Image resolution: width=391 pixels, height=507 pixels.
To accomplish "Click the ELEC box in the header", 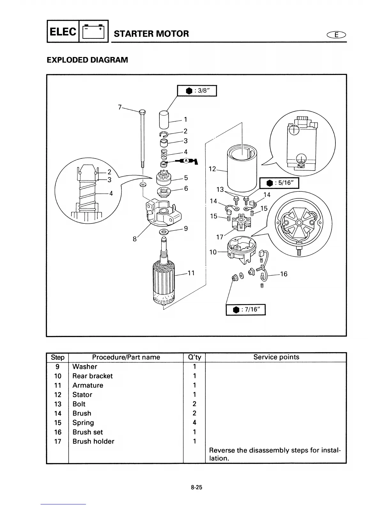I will click(63, 31).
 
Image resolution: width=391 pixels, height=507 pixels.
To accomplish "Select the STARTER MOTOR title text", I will click(151, 34).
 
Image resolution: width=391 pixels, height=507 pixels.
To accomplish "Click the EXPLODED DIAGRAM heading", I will click(87, 60).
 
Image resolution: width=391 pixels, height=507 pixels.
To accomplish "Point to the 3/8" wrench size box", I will click(197, 91).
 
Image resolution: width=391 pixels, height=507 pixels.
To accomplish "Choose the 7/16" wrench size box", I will click(246, 310).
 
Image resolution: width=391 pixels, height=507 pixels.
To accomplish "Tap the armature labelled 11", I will click(164, 278).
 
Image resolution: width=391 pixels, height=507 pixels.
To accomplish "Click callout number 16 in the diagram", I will click(283, 274).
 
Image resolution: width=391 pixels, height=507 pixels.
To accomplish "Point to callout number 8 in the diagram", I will click(135, 239).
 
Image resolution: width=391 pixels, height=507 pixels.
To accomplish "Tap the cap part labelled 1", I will click(164, 119).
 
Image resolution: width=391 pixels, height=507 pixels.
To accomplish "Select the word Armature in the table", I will click(88, 385).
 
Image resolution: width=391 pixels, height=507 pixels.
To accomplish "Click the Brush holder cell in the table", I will click(93, 441).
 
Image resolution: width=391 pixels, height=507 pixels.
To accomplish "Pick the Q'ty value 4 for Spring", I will click(194, 422).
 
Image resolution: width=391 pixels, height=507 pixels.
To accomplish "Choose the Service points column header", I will click(276, 357).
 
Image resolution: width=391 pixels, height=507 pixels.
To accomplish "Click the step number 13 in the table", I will click(57, 404).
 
